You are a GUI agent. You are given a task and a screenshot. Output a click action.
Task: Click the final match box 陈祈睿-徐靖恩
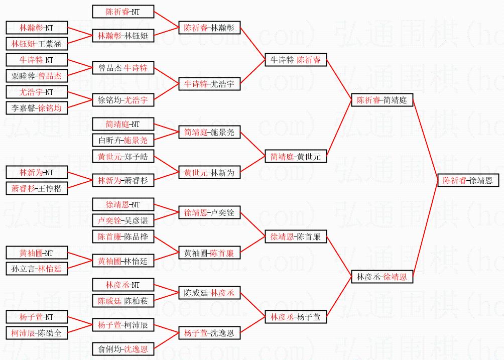point(467,180)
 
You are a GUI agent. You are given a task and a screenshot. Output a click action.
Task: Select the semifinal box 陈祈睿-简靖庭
point(382,100)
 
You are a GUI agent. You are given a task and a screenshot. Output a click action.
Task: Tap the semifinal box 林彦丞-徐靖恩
point(382,276)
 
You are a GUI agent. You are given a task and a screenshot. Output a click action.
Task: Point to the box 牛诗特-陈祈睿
point(296,60)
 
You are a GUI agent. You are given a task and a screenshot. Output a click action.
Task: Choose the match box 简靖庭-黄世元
point(296,157)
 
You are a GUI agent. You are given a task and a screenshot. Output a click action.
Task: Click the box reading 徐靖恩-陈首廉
point(296,236)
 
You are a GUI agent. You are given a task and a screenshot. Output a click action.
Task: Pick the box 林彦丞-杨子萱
point(296,317)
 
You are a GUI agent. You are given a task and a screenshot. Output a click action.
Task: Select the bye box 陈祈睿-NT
point(123,12)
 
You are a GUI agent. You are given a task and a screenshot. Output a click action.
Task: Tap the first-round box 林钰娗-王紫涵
point(36,44)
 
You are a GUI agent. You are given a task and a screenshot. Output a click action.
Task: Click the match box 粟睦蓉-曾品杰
point(36,76)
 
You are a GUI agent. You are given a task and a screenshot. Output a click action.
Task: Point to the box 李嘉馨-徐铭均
point(36,108)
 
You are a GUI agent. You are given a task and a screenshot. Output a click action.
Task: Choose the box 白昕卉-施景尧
point(123,140)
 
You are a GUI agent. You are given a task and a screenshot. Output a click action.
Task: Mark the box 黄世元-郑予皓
point(123,157)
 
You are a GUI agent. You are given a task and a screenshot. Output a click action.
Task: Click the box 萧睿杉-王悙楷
point(36,188)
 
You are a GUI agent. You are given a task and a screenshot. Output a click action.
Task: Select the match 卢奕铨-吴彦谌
point(123,220)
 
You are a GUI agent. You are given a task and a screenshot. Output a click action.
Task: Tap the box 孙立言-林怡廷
point(36,269)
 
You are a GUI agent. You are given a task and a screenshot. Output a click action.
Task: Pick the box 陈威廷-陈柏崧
point(123,301)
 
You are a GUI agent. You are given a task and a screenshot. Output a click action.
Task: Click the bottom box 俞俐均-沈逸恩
point(123,349)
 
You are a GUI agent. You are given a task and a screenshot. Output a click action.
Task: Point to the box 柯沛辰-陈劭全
point(36,333)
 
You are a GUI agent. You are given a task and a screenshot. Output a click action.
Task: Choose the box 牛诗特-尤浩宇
point(209,84)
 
